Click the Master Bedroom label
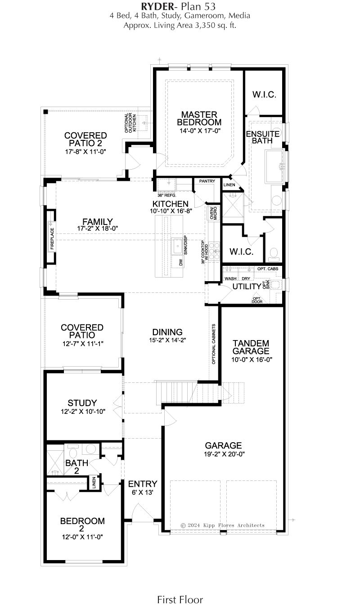pos(199,118)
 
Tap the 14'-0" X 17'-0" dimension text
pos(200,131)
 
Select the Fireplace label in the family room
pos(52,239)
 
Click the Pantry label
pos(207,181)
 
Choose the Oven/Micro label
pos(213,213)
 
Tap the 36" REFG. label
pos(167,195)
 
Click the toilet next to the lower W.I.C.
pos(273,253)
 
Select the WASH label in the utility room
pos(230,278)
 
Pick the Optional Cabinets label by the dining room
pos(213,344)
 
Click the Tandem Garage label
pos(251,347)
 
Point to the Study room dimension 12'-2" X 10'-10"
pos(83,412)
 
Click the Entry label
pos(143,484)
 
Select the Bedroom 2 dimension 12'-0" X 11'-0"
pos(82,537)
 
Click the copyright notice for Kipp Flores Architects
pos(222,525)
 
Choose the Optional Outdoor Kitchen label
pos(130,123)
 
